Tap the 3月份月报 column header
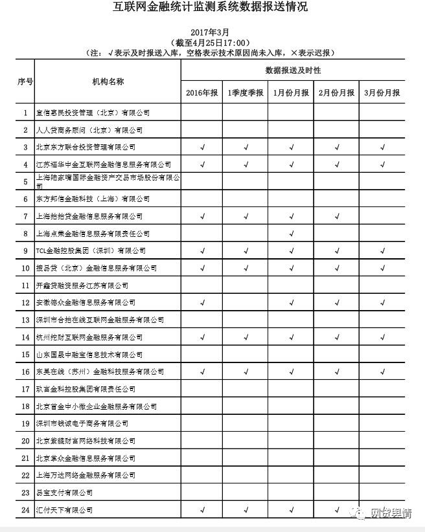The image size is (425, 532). tap(382, 93)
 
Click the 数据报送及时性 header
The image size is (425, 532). tap(293, 70)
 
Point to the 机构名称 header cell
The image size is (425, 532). tap(108, 82)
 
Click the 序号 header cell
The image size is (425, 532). tap(25, 82)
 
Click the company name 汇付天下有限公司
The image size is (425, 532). tap(64, 511)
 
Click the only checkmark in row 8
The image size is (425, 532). tap(292, 234)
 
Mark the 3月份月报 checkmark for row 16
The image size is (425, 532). tap(382, 372)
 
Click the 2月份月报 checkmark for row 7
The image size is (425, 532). tap(337, 216)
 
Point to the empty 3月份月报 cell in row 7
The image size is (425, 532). tap(382, 216)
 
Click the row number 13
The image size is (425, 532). tap(25, 320)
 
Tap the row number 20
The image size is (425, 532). tap(25, 441)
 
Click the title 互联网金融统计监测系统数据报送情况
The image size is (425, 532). tap(212, 8)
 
